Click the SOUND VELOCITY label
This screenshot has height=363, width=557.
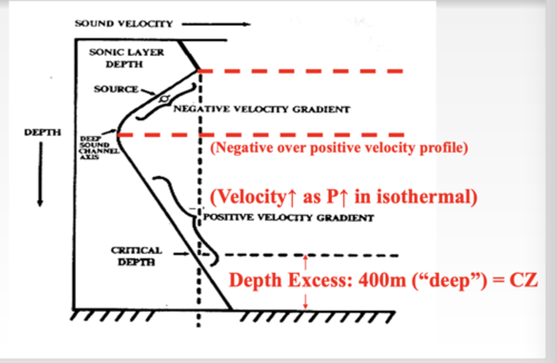[124, 24]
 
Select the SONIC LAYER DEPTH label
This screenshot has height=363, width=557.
[126, 58]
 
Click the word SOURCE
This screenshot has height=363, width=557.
[116, 89]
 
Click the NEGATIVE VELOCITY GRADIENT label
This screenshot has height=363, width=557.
[262, 109]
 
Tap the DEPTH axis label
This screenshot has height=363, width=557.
[43, 132]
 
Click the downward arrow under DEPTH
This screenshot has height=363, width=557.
[40, 174]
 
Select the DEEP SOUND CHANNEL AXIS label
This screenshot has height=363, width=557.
[99, 148]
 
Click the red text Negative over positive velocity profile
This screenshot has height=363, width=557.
[339, 148]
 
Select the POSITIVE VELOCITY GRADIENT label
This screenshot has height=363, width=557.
[289, 217]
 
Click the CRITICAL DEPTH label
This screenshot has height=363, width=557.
[137, 256]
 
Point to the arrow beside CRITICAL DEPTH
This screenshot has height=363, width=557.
[181, 254]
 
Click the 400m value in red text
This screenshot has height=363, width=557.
[382, 281]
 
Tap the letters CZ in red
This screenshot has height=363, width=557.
[524, 280]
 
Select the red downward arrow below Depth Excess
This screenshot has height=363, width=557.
[306, 301]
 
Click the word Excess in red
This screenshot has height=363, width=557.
[320, 281]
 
